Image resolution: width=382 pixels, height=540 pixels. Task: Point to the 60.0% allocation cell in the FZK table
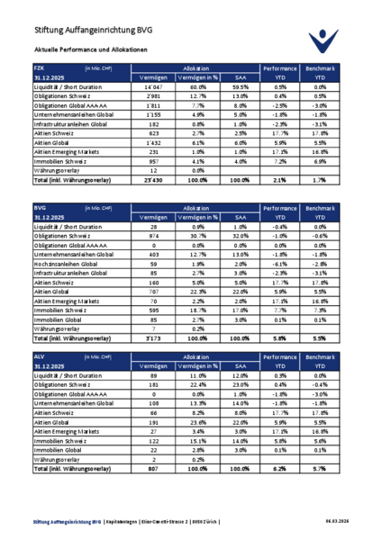tap(198, 87)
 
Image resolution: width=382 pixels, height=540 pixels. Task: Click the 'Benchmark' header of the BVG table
tap(319, 207)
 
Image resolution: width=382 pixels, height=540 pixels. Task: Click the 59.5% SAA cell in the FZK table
tap(239, 87)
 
